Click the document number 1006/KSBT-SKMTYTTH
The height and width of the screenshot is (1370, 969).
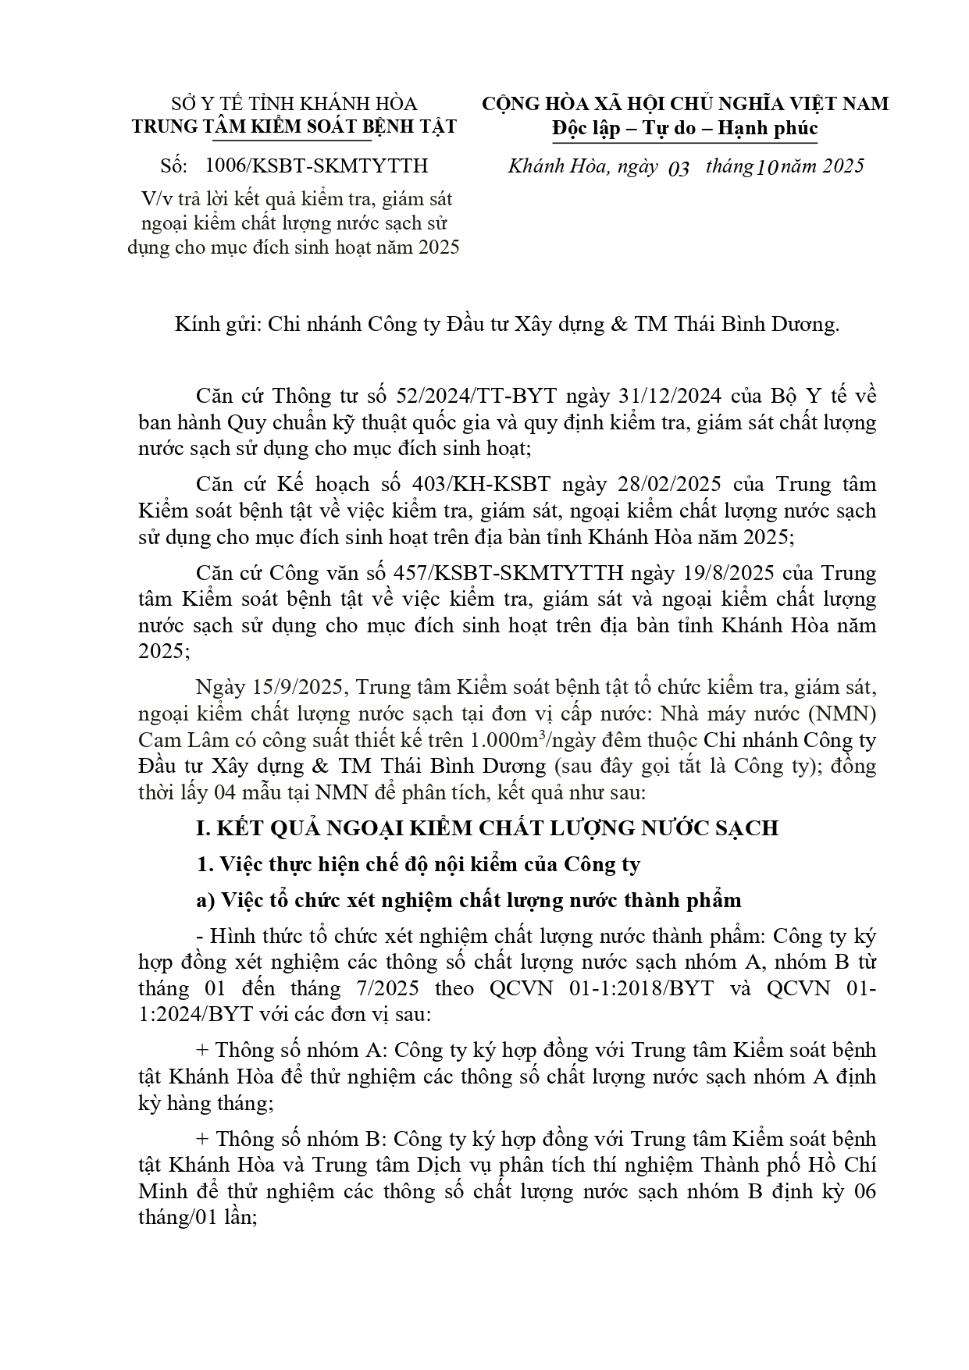(x=316, y=166)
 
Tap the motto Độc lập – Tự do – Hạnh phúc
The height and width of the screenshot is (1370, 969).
(x=684, y=128)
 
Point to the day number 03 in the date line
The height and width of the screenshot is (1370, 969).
(x=679, y=168)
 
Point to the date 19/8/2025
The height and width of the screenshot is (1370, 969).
(x=719, y=573)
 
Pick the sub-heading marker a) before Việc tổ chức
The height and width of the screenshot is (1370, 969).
(x=205, y=900)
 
